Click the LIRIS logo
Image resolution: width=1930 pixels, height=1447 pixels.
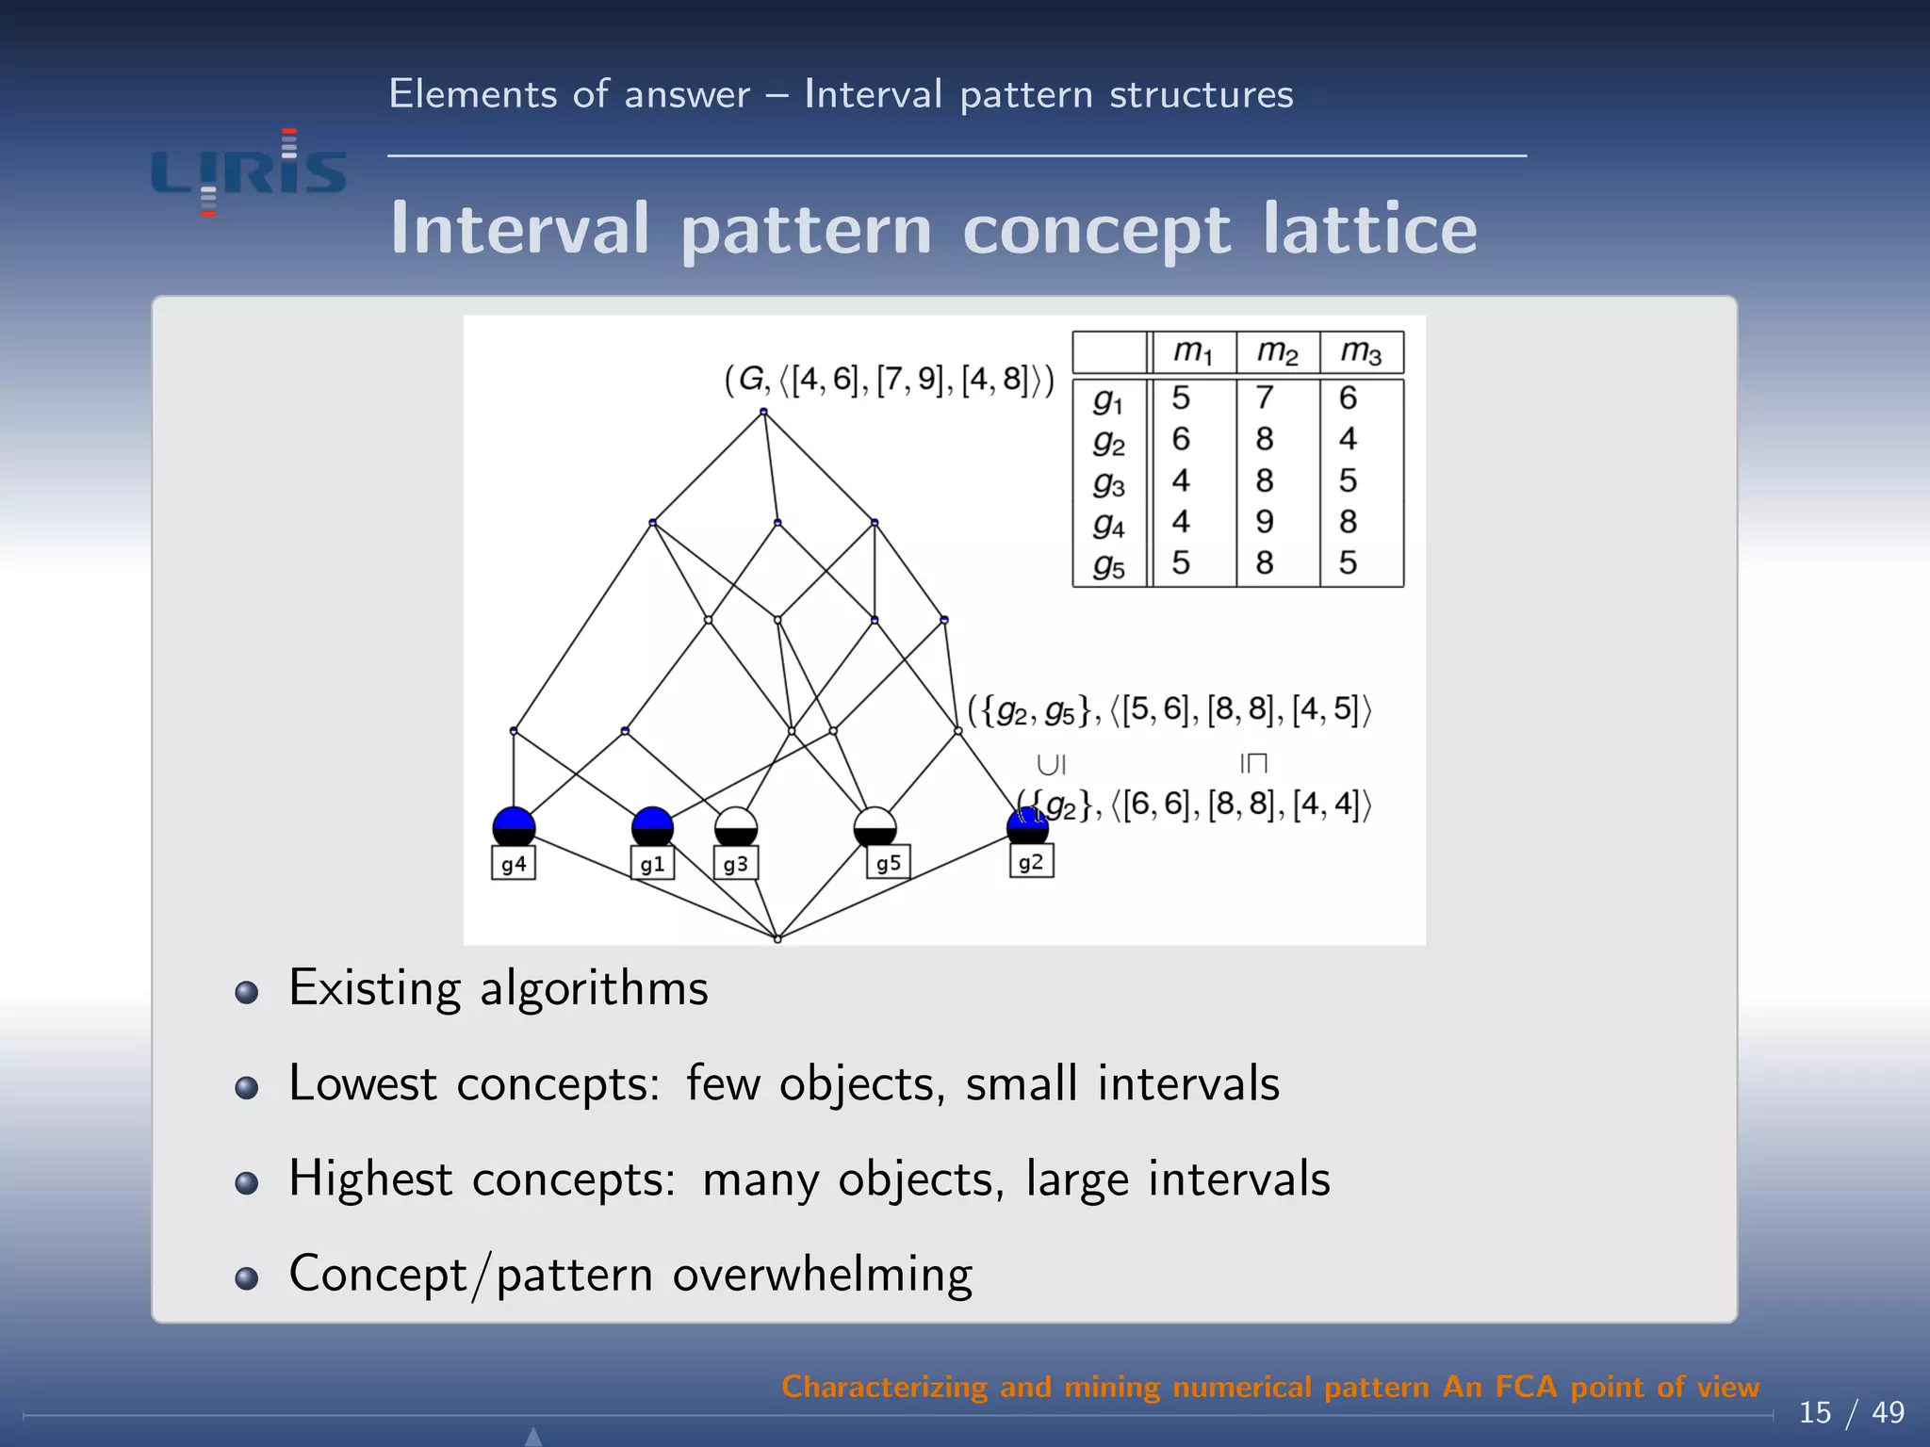(x=249, y=173)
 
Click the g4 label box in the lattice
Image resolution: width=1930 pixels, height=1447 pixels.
(x=514, y=864)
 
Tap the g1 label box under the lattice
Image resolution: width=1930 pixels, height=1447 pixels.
(x=652, y=864)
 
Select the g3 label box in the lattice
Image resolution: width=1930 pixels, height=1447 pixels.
(x=736, y=864)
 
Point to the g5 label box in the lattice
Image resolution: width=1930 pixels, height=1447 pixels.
(x=888, y=863)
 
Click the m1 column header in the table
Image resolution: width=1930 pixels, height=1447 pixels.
(x=1192, y=352)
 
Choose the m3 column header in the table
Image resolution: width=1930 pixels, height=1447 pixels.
(x=1361, y=352)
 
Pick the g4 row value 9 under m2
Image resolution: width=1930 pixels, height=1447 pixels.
(x=1265, y=521)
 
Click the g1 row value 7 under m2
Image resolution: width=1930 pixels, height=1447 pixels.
(x=1265, y=398)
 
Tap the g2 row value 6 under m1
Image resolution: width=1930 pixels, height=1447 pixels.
(x=1181, y=439)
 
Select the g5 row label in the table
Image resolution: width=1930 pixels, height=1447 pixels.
(x=1109, y=564)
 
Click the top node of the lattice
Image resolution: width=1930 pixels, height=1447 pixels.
(x=763, y=412)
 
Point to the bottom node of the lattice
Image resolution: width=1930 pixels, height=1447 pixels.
(x=777, y=938)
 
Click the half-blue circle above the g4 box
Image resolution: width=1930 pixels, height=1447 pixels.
(x=514, y=827)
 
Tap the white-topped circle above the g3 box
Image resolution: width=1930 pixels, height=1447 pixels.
(x=736, y=827)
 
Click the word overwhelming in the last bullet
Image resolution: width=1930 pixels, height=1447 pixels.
(x=822, y=1275)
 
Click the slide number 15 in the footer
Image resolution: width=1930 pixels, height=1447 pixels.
(x=1815, y=1412)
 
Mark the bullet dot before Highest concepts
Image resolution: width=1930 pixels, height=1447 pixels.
(x=247, y=1182)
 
